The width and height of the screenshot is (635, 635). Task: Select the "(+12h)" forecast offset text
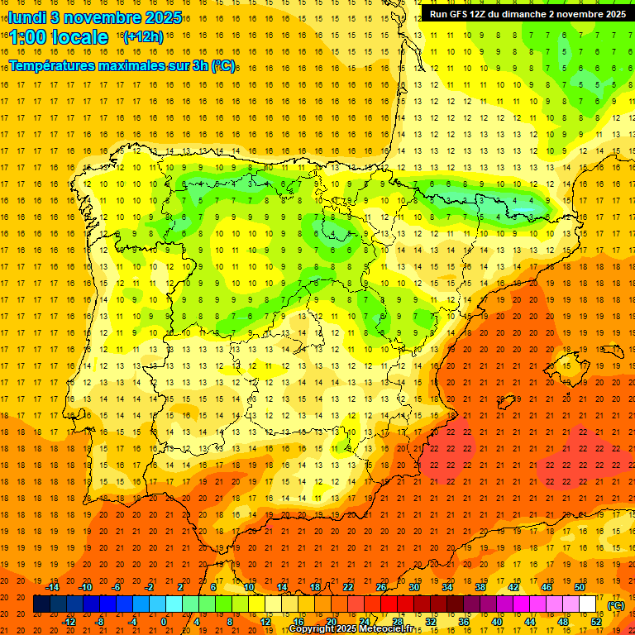(142, 37)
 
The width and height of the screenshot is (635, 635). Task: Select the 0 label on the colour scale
(164, 622)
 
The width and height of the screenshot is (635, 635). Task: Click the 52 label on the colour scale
(596, 622)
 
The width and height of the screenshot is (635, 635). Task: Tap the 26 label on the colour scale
(381, 587)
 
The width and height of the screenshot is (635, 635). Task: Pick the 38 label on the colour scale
(480, 587)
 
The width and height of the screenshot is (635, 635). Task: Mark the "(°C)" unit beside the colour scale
(616, 605)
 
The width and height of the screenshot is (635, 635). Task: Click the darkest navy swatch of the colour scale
(41, 604)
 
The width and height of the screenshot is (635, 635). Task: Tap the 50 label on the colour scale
(580, 587)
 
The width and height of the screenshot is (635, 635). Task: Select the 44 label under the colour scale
(530, 622)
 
